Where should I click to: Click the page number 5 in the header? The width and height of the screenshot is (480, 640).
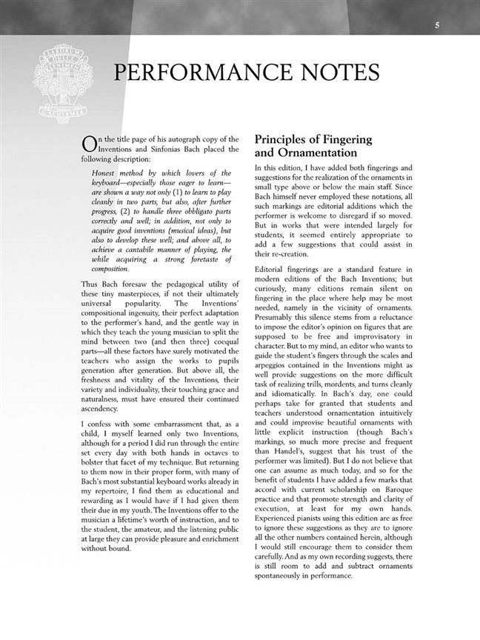437,26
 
